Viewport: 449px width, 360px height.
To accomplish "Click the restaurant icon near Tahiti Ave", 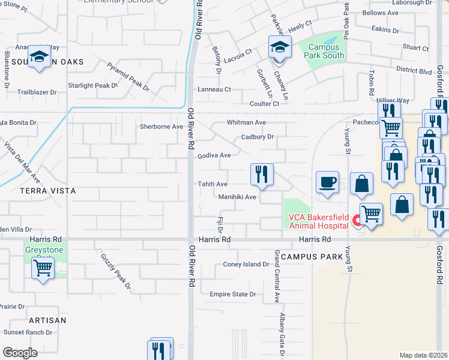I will [x=262, y=174].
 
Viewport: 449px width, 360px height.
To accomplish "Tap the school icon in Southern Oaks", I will [x=40, y=56].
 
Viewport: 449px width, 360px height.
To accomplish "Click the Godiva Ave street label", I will [x=214, y=155].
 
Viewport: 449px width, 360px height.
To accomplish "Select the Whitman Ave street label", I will [x=246, y=122].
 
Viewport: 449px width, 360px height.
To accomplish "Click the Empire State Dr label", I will [x=232, y=294].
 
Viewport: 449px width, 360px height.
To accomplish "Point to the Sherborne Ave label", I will [x=161, y=127].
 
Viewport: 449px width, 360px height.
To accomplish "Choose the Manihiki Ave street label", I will [x=238, y=196].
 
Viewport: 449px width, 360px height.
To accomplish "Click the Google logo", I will [x=20, y=353].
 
